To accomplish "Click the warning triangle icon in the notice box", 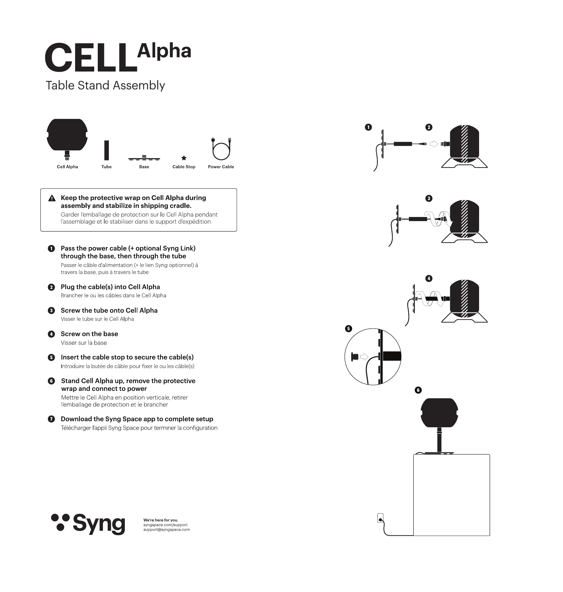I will click(x=52, y=198).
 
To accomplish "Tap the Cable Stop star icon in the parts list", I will click(x=184, y=158).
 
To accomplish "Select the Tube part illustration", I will click(x=106, y=150).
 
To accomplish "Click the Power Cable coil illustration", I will click(x=221, y=149).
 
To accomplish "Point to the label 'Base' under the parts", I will click(x=144, y=167).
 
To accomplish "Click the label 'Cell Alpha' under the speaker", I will click(x=67, y=167).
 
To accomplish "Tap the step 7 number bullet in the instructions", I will click(x=51, y=419).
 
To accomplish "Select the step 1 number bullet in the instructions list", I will click(x=51, y=248).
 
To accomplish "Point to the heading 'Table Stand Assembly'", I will click(x=105, y=85).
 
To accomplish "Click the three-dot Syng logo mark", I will click(x=60, y=522).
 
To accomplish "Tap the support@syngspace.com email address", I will click(x=167, y=530).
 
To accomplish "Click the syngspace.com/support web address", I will click(x=165, y=525).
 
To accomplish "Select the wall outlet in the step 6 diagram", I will click(x=380, y=518).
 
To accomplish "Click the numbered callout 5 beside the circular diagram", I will click(x=349, y=328).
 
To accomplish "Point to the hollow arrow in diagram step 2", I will click(x=434, y=144).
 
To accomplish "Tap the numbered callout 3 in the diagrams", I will click(x=429, y=198).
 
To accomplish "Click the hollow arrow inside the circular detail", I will click(x=364, y=357).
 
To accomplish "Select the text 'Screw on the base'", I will click(x=89, y=334).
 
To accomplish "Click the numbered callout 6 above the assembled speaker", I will click(x=418, y=390).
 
